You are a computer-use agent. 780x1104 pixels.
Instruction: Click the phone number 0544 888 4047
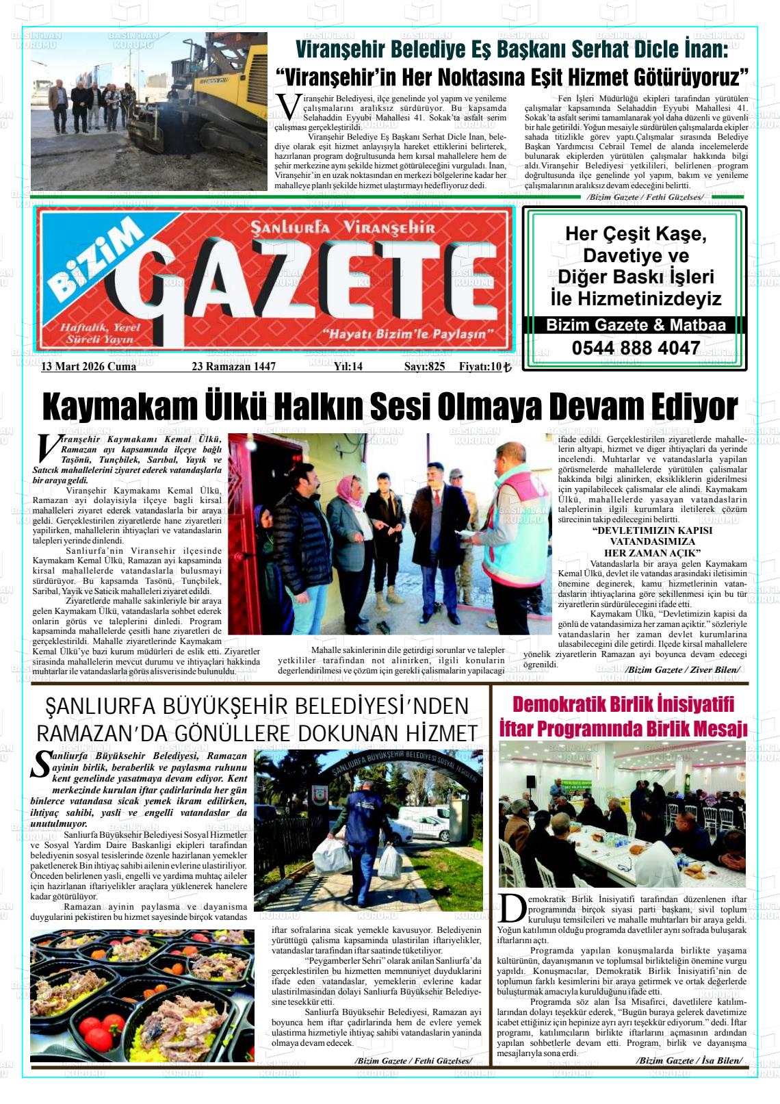click(x=636, y=348)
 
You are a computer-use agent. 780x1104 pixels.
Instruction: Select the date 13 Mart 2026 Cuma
click(x=89, y=367)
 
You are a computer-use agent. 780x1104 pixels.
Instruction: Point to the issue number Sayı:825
click(x=424, y=367)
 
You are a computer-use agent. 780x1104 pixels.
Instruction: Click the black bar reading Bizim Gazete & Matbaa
click(x=636, y=326)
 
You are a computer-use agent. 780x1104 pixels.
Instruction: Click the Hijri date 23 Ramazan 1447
click(x=233, y=367)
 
